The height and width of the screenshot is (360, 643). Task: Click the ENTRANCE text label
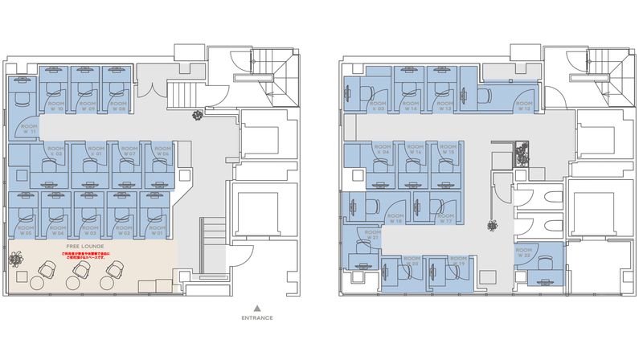pyautogui.click(x=256, y=317)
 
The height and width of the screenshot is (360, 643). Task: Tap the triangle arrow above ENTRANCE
pyautogui.click(x=256, y=307)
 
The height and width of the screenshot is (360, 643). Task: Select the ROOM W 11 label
pyautogui.click(x=29, y=129)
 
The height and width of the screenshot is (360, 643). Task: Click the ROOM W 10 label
pyautogui.click(x=55, y=106)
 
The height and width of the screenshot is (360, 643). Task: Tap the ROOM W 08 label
pyautogui.click(x=117, y=106)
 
